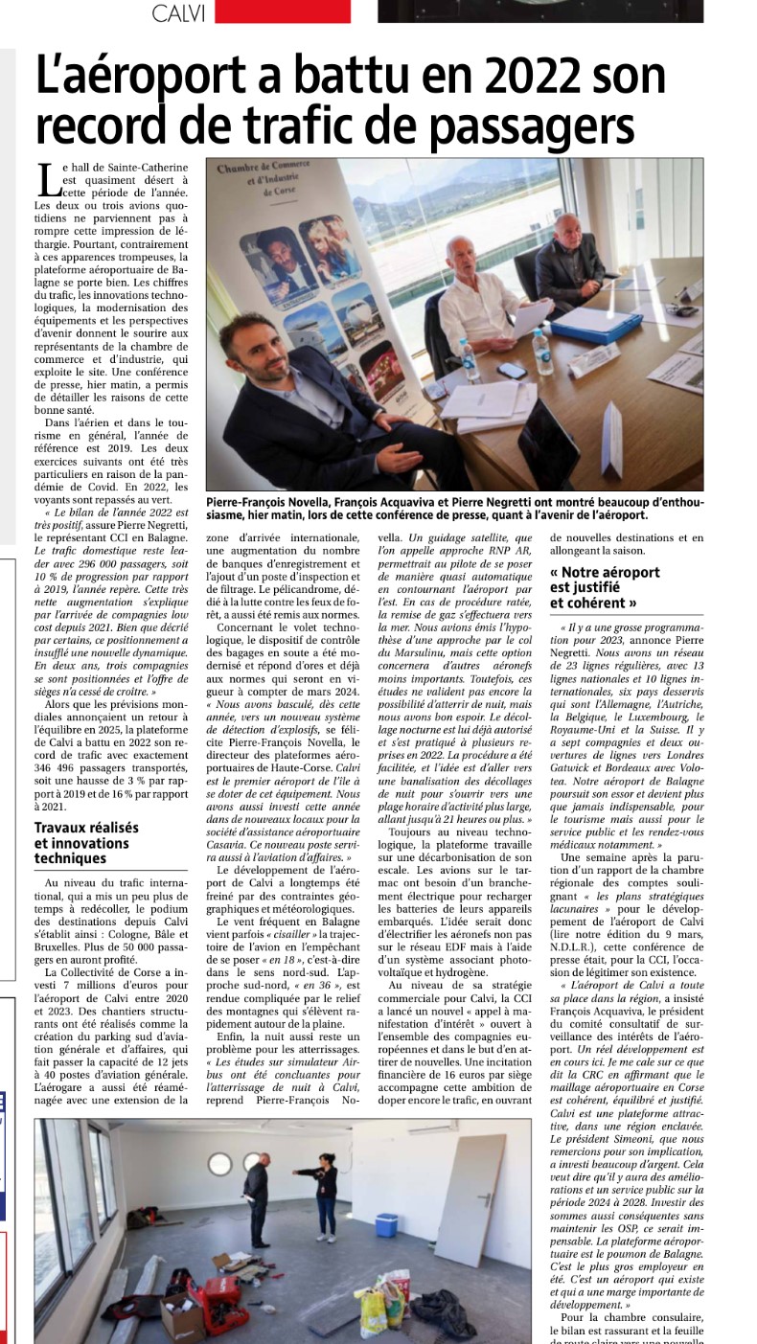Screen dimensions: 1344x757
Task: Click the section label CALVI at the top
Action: coord(179,12)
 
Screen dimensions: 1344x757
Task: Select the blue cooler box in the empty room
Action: coord(385,1225)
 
